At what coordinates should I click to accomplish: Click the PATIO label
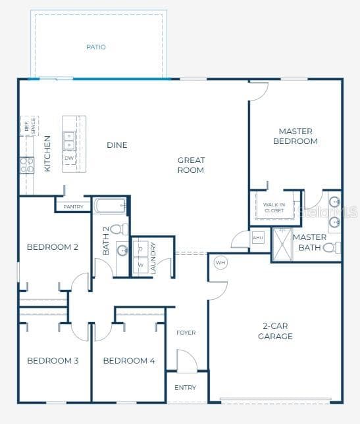pyautogui.click(x=96, y=47)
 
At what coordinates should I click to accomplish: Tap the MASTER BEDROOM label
pyautogui.click(x=295, y=136)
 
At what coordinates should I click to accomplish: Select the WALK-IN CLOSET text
pyautogui.click(x=274, y=208)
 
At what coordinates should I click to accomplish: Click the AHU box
pyautogui.click(x=258, y=237)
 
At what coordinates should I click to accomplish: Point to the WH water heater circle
pyautogui.click(x=220, y=262)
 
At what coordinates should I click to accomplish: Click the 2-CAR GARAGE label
pyautogui.click(x=275, y=331)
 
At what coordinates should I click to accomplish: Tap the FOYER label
pyautogui.click(x=186, y=333)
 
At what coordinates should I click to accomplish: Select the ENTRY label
pyautogui.click(x=186, y=388)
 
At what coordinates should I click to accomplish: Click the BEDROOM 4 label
pyautogui.click(x=129, y=361)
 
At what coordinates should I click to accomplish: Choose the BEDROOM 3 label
pyautogui.click(x=53, y=361)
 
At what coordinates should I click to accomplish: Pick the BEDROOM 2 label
pyautogui.click(x=53, y=247)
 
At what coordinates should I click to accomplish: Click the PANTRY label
pyautogui.click(x=73, y=206)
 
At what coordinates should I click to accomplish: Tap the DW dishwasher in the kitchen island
pyautogui.click(x=69, y=158)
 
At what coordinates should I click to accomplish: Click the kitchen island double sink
pyautogui.click(x=69, y=140)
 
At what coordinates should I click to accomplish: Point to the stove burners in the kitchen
pyautogui.click(x=26, y=165)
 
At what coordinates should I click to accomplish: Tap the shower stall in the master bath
pyautogui.click(x=282, y=244)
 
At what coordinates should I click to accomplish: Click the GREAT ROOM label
pyautogui.click(x=191, y=165)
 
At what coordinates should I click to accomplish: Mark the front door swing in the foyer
pyautogui.click(x=186, y=360)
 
